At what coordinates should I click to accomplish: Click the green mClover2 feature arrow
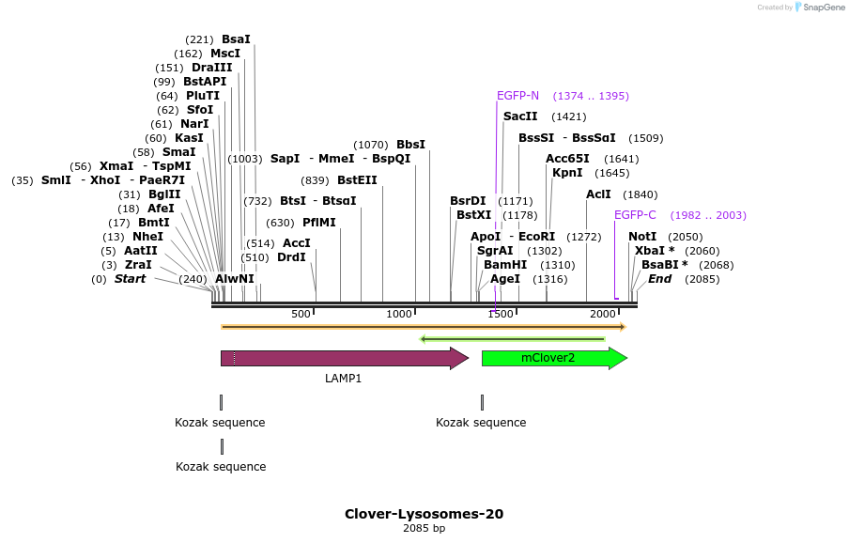553,358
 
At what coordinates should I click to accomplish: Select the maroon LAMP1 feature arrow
343,358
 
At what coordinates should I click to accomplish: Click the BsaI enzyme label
236,39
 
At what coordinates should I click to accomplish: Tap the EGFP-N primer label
517,96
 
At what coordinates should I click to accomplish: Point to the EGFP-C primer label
635,215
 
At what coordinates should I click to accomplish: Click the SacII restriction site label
520,116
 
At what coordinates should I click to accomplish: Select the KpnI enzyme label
566,173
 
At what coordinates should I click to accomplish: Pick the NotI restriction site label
642,237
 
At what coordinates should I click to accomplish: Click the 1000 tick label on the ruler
400,314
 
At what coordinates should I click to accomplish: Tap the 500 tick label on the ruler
301,314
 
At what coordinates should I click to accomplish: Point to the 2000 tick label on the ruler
602,314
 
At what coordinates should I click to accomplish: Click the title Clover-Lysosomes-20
424,514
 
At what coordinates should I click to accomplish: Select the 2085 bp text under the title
424,528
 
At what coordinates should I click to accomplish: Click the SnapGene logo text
824,8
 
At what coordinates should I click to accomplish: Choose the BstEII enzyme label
357,180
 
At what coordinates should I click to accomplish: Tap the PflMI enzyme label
318,223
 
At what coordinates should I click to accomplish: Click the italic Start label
130,279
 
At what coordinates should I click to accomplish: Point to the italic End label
659,279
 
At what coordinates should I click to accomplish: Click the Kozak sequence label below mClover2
481,423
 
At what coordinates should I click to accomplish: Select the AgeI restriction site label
505,279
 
